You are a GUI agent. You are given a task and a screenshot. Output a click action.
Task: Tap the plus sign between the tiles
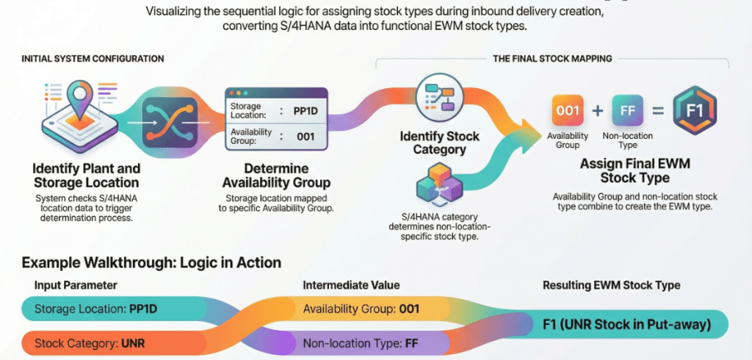pyautogui.click(x=598, y=112)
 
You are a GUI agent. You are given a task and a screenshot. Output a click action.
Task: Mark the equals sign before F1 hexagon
pyautogui.click(x=659, y=112)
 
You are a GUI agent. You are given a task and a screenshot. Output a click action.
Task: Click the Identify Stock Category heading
pyautogui.click(x=439, y=143)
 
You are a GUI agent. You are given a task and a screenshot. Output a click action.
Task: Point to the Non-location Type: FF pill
pyautogui.click(x=360, y=342)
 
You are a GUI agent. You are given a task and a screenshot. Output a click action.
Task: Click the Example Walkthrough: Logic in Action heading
pyautogui.click(x=151, y=262)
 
